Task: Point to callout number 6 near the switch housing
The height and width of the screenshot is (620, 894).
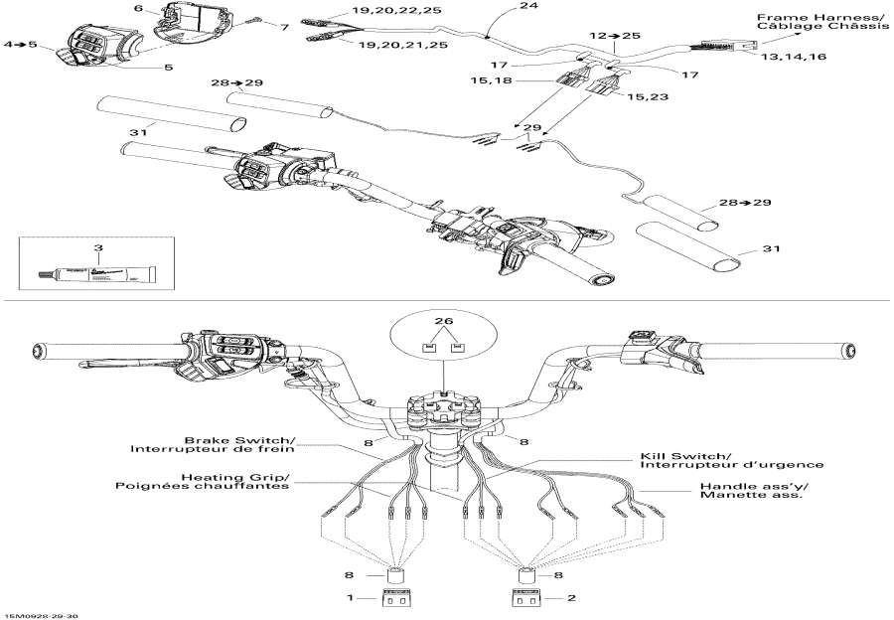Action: (139, 9)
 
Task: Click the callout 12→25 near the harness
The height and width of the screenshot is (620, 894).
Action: (615, 36)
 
